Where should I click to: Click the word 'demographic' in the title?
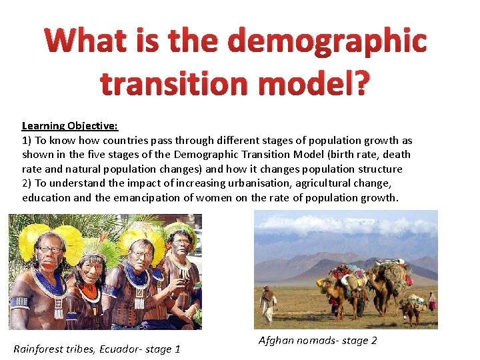pyautogui.click(x=327, y=41)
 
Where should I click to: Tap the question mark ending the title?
pyautogui.click(x=357, y=85)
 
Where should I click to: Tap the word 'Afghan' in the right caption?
pyautogui.click(x=275, y=340)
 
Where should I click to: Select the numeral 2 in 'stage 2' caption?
pyautogui.click(x=373, y=340)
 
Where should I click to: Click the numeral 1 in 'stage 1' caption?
pyautogui.click(x=177, y=349)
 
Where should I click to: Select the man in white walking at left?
pyautogui.click(x=268, y=303)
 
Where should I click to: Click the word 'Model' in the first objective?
pyautogui.click(x=315, y=155)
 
